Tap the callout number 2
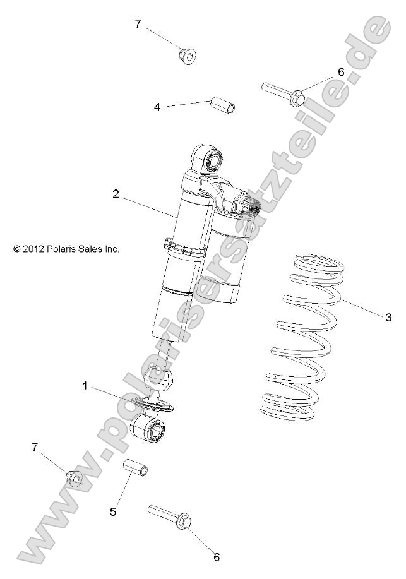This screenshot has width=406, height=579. tap(116, 194)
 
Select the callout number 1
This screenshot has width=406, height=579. tap(85, 386)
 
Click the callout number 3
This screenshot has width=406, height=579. tap(389, 317)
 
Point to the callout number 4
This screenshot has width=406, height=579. tap(157, 107)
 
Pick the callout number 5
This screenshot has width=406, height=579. tap(113, 512)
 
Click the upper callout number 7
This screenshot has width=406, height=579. tap(138, 24)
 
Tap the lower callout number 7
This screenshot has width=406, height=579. tap(35, 447)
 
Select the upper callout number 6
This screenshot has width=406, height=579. tap(341, 71)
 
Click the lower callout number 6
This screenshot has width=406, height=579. tap(217, 557)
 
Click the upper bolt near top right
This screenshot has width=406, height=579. tap(285, 93)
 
